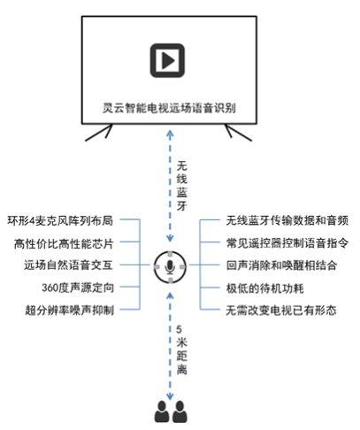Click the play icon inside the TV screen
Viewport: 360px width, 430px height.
pos(167,60)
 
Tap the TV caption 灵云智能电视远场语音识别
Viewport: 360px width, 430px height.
pos(169,108)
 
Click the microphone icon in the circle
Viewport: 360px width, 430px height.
pos(170,267)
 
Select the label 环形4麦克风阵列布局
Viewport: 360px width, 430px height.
pos(60,220)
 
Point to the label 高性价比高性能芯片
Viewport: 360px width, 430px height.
pos(64,243)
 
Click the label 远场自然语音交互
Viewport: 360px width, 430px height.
pos(68,265)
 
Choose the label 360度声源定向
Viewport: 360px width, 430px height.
pos(78,288)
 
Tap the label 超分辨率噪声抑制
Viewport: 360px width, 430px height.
pos(70,310)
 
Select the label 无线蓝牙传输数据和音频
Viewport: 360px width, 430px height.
pos(287,220)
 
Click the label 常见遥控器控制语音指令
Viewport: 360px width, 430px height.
pos(287,243)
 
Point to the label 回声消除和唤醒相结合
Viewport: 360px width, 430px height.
pos(281,265)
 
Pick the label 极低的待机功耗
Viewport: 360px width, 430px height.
pos(264,288)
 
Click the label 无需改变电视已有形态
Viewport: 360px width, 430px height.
pos(281,311)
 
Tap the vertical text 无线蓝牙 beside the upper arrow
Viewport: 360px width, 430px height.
pos(181,186)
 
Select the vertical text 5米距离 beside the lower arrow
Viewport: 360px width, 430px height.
pos(181,349)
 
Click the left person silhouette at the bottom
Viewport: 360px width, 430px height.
pos(162,411)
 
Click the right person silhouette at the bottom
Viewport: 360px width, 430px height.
pos(180,411)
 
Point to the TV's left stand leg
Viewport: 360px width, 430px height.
pos(99,133)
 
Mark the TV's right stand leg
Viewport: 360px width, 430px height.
pos(239,133)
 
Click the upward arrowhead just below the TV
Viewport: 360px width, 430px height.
pos(170,134)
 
